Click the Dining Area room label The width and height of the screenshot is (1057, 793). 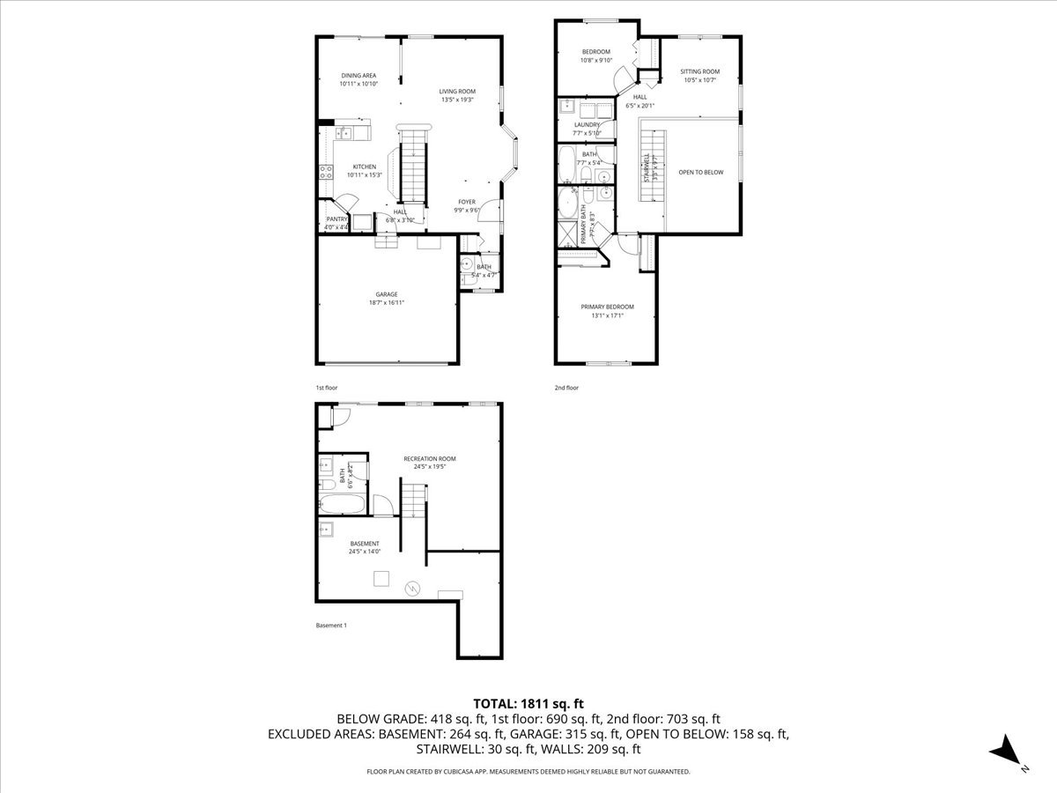point(358,76)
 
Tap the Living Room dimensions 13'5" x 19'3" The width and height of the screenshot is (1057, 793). point(457,100)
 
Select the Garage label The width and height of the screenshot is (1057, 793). point(386,294)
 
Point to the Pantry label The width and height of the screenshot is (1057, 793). point(336,219)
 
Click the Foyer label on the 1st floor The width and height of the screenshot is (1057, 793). point(466,202)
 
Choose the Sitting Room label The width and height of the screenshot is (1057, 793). point(699,71)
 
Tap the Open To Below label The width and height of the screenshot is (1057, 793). point(700,172)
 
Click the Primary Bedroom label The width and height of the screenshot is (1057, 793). point(606,307)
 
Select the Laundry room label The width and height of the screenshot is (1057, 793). point(587,125)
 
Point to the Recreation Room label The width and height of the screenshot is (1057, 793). point(430,458)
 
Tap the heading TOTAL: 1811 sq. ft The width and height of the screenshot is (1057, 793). point(528,703)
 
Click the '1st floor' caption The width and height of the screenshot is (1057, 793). point(326,388)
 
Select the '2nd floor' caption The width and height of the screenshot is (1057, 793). point(566,388)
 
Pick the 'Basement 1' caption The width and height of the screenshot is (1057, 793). point(331,626)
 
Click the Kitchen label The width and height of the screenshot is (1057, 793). point(365,167)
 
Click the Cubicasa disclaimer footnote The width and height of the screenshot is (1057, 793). point(528,771)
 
